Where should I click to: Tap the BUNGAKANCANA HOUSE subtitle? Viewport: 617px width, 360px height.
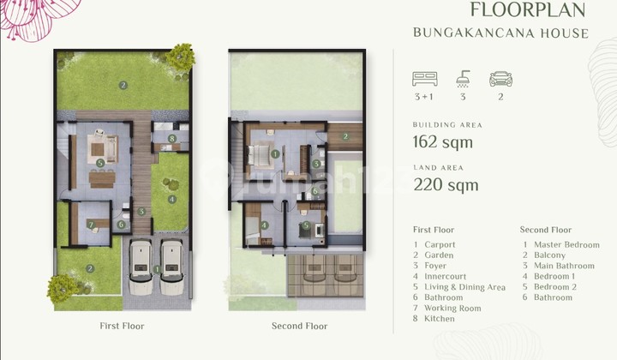click(501, 33)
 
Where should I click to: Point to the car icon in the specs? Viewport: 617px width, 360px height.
click(500, 79)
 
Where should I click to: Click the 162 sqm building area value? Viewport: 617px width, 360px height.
click(442, 142)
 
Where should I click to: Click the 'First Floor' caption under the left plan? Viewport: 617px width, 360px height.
click(123, 326)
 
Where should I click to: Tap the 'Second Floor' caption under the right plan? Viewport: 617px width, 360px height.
click(299, 326)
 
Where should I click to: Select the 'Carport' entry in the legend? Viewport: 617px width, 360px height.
click(440, 245)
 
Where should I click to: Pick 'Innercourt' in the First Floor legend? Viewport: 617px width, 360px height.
click(445, 277)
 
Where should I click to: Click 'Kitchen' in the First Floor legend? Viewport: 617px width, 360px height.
click(439, 319)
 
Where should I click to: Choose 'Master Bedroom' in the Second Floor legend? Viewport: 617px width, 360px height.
click(566, 245)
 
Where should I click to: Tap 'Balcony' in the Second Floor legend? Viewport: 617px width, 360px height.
click(549, 255)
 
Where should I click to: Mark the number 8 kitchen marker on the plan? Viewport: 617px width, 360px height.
click(172, 138)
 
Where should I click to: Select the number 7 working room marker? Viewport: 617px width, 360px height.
click(90, 225)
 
